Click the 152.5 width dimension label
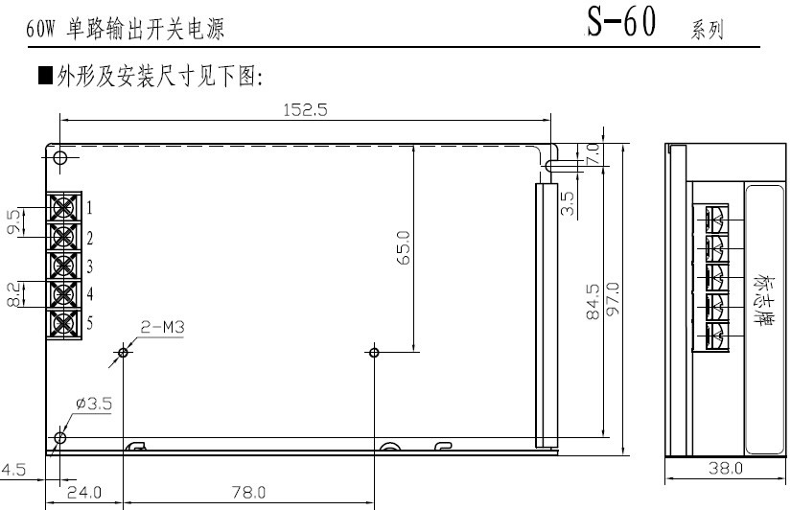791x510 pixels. tap(305, 109)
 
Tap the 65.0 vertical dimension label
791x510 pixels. tap(404, 247)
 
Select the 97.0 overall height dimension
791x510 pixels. tap(613, 299)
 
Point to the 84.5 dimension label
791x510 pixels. tap(593, 301)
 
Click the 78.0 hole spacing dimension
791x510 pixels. tap(248, 492)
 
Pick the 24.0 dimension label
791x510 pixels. tap(84, 492)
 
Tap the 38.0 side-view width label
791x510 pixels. tap(726, 468)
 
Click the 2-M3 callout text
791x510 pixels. tap(162, 328)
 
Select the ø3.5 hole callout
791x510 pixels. tap(94, 404)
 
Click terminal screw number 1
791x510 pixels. tap(64, 207)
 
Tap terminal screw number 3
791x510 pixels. tap(64, 266)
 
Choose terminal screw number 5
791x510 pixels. tap(64, 323)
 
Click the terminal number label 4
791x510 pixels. tap(90, 293)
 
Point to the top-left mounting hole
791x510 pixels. tap(60, 158)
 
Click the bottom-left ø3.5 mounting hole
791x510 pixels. tap(60, 437)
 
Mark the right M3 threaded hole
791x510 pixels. tap(374, 352)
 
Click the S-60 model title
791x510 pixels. tap(621, 22)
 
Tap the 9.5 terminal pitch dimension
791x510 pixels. tap(14, 221)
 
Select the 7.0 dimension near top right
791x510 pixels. tap(593, 153)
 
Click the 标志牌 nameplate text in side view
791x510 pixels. tap(763, 300)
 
